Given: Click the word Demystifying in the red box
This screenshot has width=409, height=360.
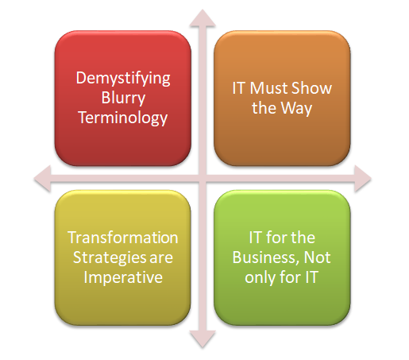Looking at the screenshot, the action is point(123,79).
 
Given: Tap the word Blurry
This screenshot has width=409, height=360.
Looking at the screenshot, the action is point(123,98).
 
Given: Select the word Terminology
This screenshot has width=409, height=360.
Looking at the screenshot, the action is point(123,118).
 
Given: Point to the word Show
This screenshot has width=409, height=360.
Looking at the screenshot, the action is point(311,88).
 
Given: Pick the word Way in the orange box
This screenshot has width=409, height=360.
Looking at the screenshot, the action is point(296,109).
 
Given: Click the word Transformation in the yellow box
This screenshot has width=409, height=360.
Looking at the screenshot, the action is point(123,238).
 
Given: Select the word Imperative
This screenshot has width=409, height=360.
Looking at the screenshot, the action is point(123,277).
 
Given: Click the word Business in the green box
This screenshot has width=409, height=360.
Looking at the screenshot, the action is point(265,257).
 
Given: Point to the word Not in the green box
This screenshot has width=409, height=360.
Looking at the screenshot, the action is point(317,257).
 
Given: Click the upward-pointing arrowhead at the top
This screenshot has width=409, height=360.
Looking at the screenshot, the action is point(203,18).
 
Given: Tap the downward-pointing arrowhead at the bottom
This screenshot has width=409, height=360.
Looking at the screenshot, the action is point(203,339).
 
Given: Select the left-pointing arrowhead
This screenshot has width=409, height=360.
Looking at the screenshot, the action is point(43,178).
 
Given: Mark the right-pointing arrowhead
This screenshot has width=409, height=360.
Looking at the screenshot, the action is point(363,178).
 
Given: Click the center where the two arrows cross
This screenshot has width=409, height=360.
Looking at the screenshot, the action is point(203,178).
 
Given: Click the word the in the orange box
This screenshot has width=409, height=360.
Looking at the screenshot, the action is point(264,108).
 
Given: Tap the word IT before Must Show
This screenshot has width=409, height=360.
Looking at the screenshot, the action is point(238,88).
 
